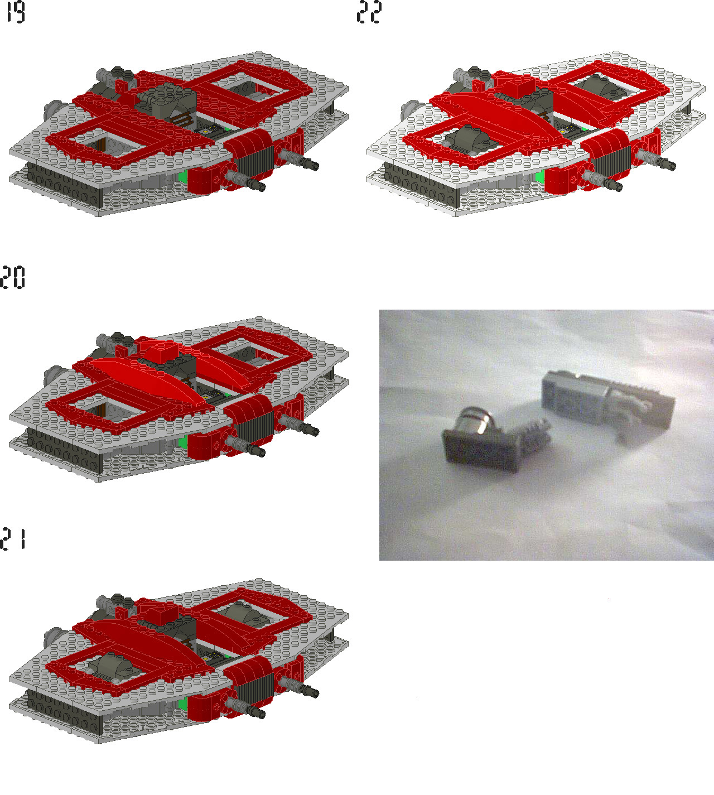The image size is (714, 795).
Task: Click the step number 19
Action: (x=15, y=12)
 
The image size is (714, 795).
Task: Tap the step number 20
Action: (x=12, y=277)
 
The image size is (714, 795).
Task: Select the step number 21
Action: (x=13, y=539)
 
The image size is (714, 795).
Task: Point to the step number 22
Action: (x=369, y=12)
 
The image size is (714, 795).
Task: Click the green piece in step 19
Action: (x=182, y=177)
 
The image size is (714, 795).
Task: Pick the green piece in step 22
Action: (x=539, y=177)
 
